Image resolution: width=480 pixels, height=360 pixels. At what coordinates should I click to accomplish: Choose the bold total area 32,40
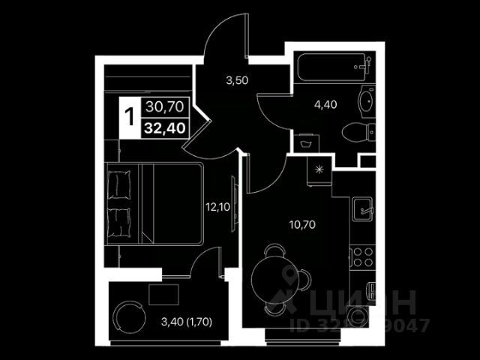[x=164, y=127]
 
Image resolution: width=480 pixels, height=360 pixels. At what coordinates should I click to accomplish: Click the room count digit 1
[x=130, y=118]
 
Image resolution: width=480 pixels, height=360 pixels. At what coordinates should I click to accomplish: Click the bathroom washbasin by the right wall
[x=367, y=102]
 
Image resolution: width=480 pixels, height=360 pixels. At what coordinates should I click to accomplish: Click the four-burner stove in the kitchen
[x=362, y=256]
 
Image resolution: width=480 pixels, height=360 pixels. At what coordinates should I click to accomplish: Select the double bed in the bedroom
[x=154, y=203]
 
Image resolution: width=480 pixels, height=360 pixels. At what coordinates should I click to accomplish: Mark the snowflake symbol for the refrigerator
[x=320, y=170]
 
